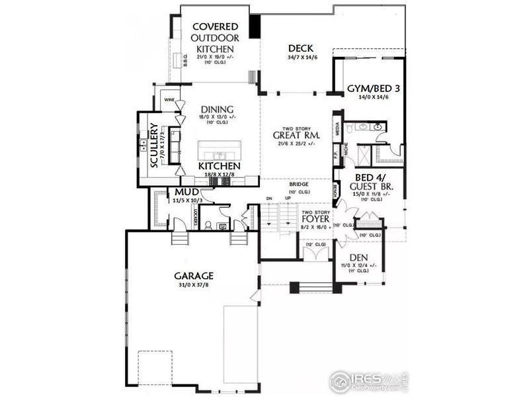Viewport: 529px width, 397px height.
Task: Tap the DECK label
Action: pyautogui.click(x=300, y=48)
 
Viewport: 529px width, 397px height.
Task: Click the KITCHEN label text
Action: pyautogui.click(x=219, y=166)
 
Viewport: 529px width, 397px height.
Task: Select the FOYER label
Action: pyautogui.click(x=315, y=218)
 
